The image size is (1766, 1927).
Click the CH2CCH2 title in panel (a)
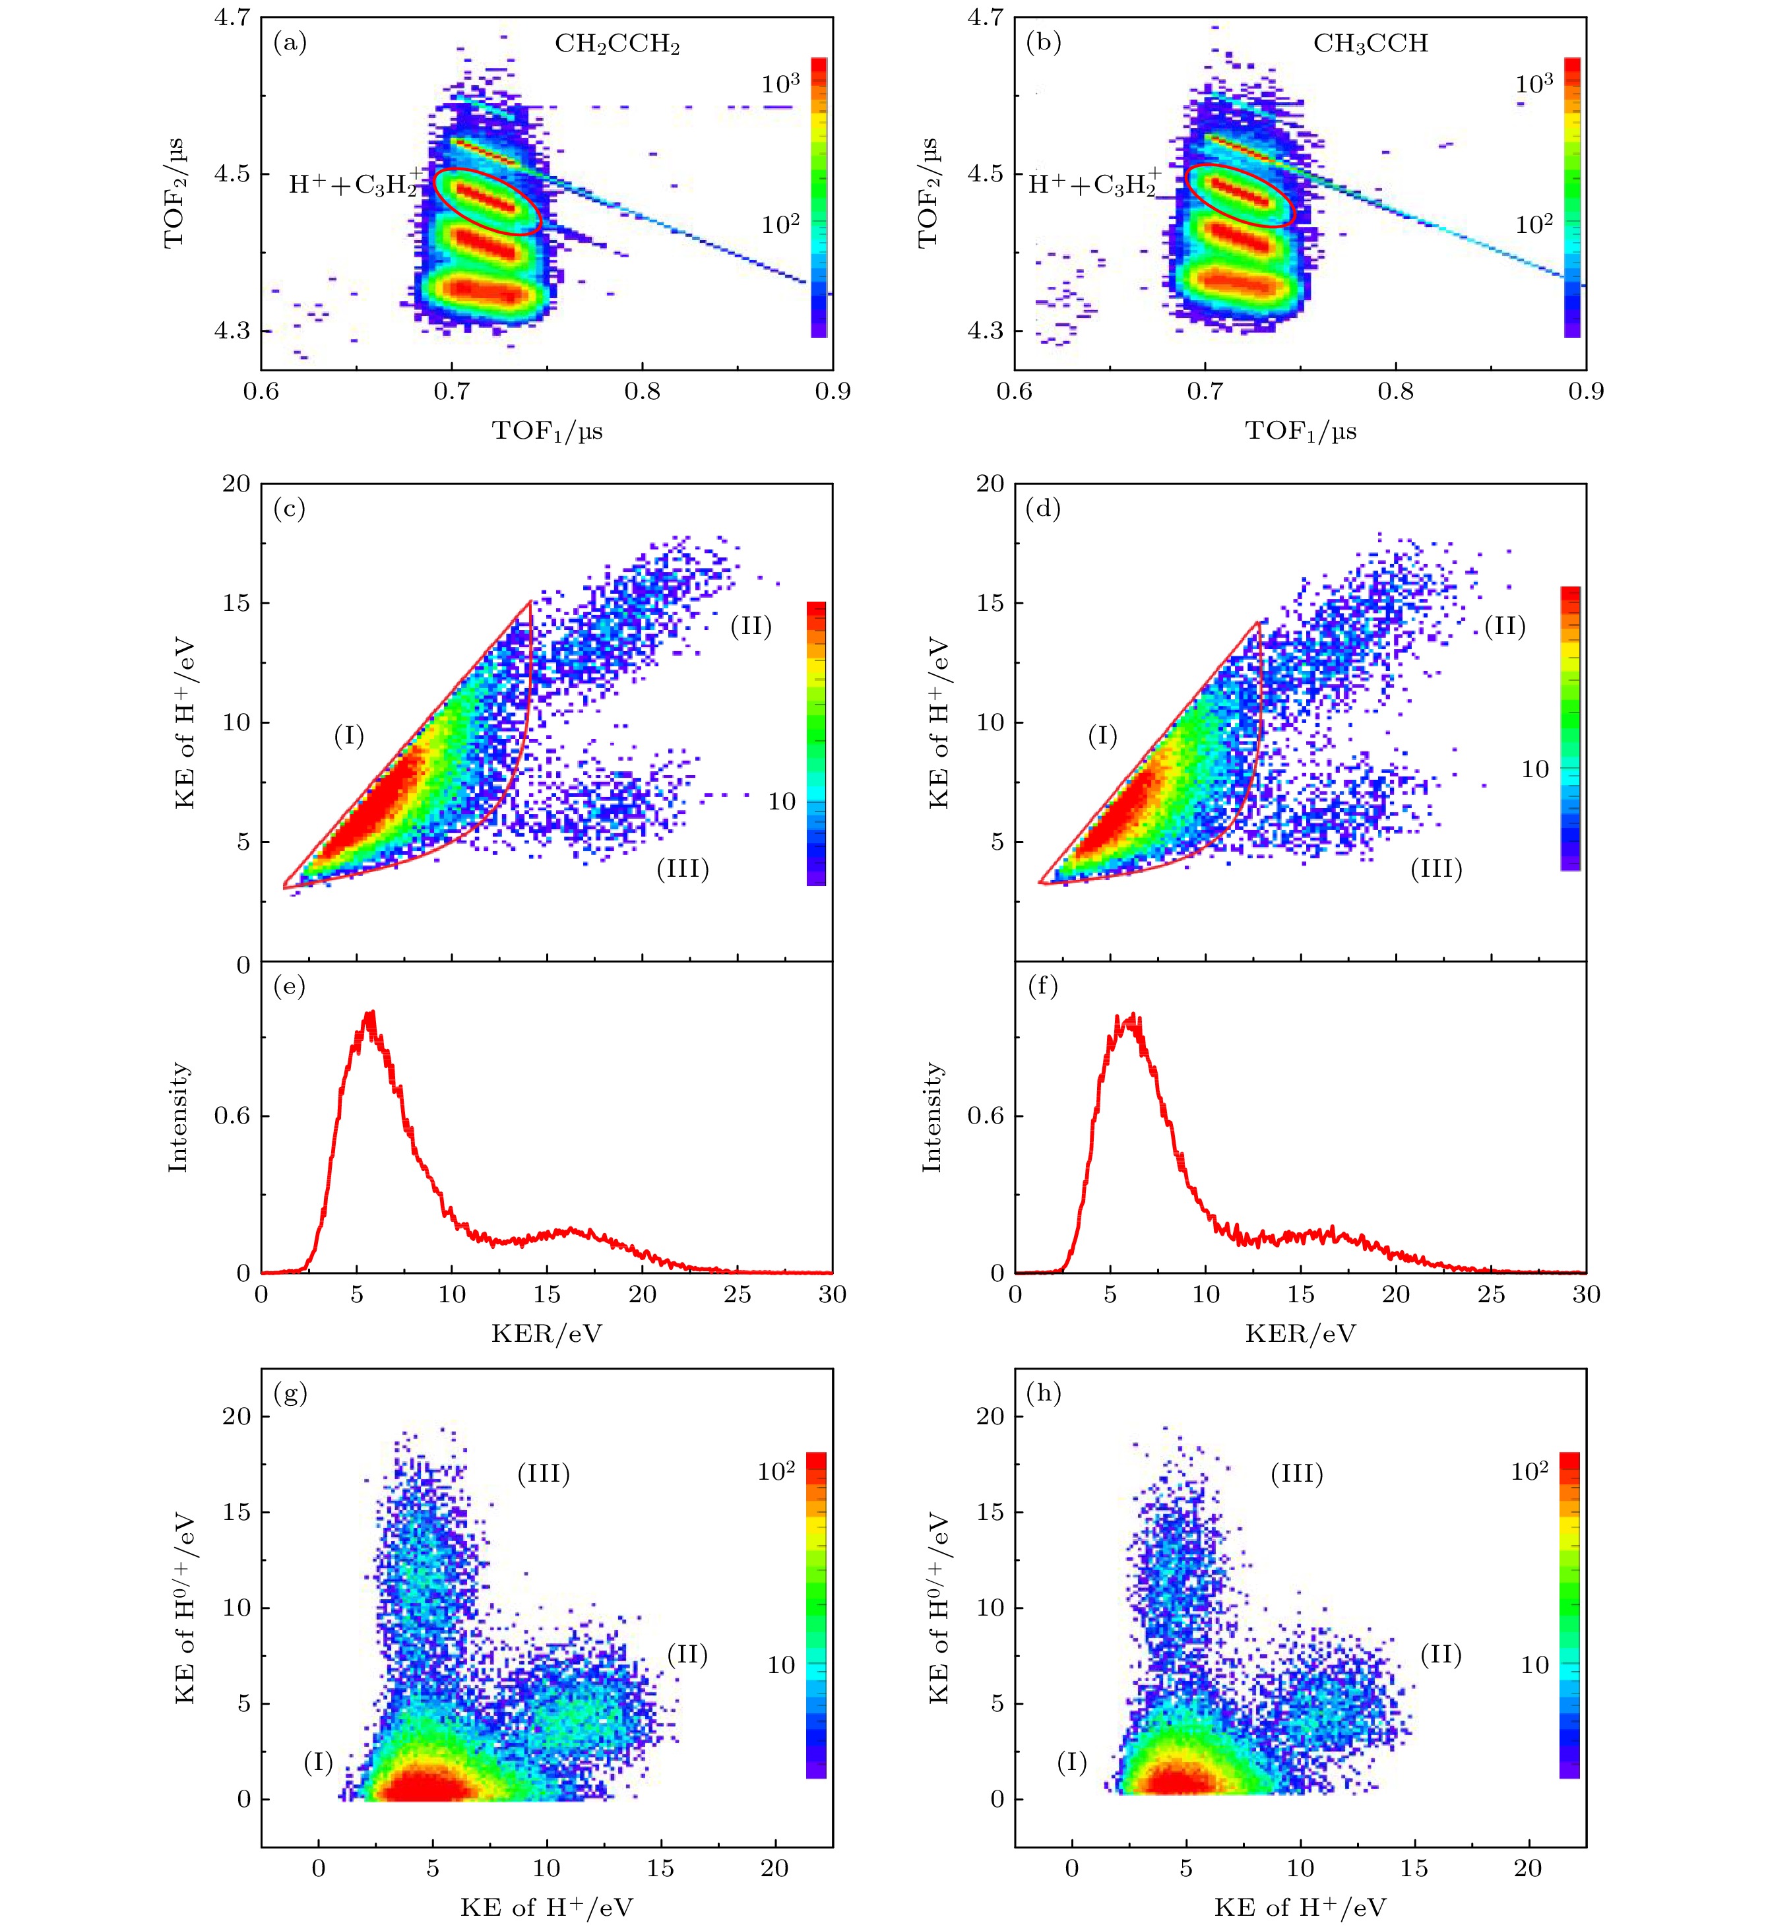[617, 45]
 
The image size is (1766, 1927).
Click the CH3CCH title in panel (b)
[1370, 44]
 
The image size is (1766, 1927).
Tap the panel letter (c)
[290, 509]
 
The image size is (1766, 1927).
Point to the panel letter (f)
[1042, 986]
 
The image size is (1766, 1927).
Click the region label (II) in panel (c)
[751, 626]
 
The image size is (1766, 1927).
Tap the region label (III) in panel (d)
[1436, 869]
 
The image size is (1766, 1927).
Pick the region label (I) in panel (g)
[318, 1761]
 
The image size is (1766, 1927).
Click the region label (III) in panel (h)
[1297, 1474]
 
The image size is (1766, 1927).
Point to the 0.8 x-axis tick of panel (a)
[642, 392]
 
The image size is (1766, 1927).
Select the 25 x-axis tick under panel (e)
[737, 1294]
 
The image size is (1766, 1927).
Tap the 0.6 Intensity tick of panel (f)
[986, 1116]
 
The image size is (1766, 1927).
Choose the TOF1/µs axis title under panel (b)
[1301, 431]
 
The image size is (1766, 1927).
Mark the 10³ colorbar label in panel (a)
[781, 84]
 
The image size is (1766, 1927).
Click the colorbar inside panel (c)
[816, 743]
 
